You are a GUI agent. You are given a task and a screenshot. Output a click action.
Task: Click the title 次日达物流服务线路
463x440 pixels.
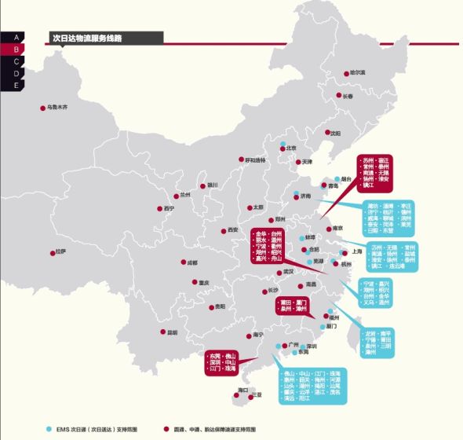pos(86,37)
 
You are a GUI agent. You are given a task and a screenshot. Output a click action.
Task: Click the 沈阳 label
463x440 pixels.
pos(336,134)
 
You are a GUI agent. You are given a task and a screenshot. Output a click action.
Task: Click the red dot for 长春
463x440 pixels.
pos(339,97)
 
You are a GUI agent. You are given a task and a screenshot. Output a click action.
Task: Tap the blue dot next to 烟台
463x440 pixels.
pos(337,179)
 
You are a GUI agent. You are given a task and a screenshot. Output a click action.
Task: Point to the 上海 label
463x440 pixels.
pos(358,251)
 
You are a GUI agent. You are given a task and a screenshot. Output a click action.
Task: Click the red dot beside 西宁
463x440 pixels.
pos(160,208)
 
